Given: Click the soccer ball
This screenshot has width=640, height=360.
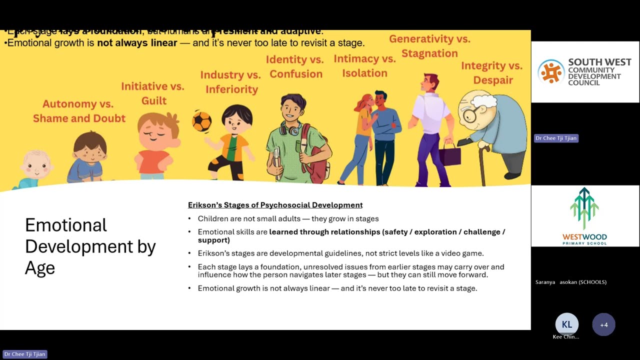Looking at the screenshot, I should pyautogui.click(x=202, y=121).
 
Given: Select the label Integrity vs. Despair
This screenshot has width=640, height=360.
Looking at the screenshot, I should pyautogui.click(x=492, y=73).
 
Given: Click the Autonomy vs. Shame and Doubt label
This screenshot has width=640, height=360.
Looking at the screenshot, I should pyautogui.click(x=79, y=111).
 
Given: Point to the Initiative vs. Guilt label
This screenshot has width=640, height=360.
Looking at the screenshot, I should pyautogui.click(x=152, y=93).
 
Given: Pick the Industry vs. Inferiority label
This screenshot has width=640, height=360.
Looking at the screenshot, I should pyautogui.click(x=231, y=82).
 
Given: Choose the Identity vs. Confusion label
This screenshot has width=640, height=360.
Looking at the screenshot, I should pyautogui.click(x=295, y=67).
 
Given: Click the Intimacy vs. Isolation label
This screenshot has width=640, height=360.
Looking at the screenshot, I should pyautogui.click(x=364, y=66).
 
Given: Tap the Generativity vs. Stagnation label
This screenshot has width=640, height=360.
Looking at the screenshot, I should pyautogui.click(x=429, y=46).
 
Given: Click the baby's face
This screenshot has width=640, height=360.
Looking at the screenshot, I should pyautogui.click(x=35, y=165).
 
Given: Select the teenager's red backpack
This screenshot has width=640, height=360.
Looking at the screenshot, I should pyautogui.click(x=316, y=160).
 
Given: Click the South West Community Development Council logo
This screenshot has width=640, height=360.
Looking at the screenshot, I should pyautogui.click(x=585, y=72).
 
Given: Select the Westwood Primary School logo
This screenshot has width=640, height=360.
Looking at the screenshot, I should pyautogui.click(x=585, y=216).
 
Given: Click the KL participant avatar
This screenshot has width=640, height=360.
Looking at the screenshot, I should pyautogui.click(x=566, y=324).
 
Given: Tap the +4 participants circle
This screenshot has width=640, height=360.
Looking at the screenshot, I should pyautogui.click(x=603, y=324).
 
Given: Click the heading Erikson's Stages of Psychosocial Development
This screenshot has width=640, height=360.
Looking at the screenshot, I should pyautogui.click(x=275, y=205).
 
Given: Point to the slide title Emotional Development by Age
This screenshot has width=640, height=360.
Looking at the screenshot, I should pyautogui.click(x=90, y=246).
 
